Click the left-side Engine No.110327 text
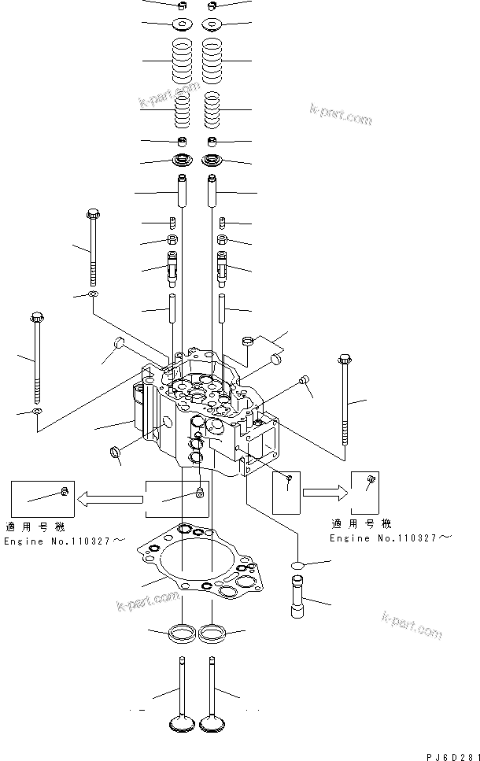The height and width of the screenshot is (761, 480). pyautogui.click(x=64, y=541)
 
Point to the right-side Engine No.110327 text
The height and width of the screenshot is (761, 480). pyautogui.click(x=390, y=537)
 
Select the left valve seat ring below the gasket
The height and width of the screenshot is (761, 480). pyautogui.click(x=183, y=631)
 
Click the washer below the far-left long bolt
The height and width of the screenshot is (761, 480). pyautogui.click(x=37, y=412)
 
